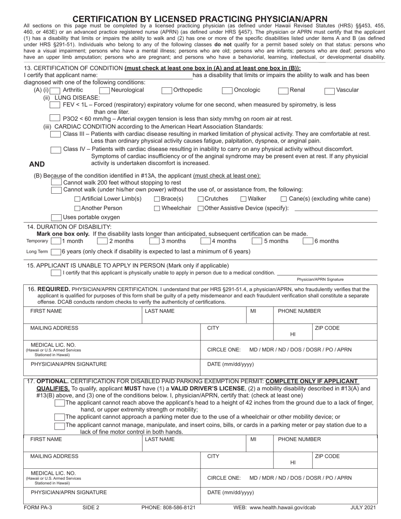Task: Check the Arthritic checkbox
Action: (x=55, y=90)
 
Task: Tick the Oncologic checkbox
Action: (x=227, y=90)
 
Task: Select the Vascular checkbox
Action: (x=330, y=90)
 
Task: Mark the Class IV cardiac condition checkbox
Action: (x=55, y=149)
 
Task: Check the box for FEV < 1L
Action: (x=55, y=105)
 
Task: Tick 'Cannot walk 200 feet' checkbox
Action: (x=56, y=182)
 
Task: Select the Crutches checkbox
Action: (x=200, y=199)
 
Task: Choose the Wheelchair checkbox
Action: (x=157, y=208)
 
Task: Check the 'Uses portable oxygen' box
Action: (x=56, y=218)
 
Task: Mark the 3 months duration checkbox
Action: (x=154, y=241)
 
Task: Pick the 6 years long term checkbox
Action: (x=55, y=252)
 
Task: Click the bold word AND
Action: (x=37, y=165)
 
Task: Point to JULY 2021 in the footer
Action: (x=363, y=508)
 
